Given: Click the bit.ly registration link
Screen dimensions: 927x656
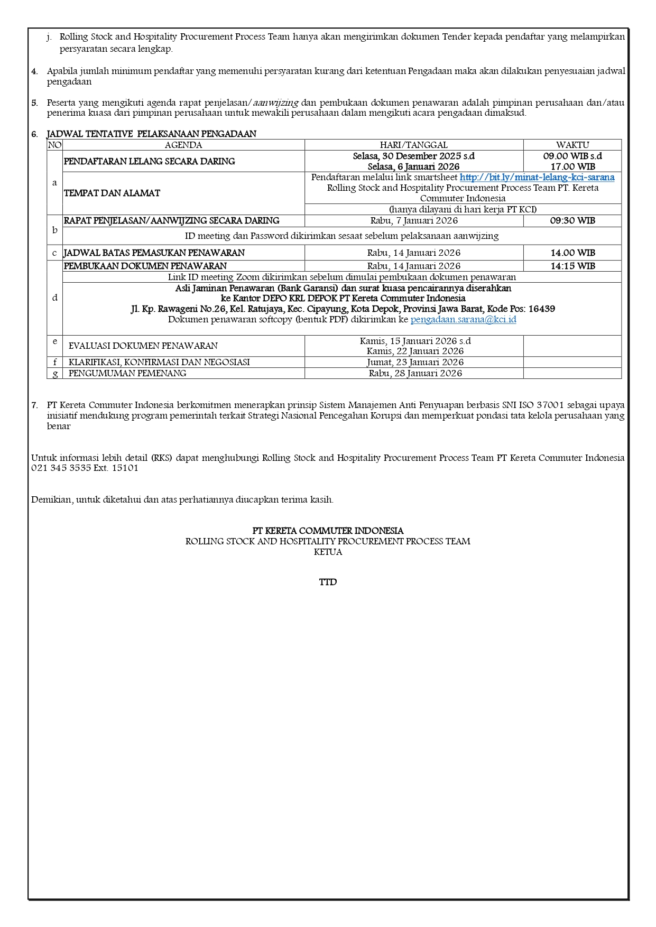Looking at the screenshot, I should [537, 178].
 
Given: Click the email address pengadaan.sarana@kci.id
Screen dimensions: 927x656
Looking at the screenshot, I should [463, 320].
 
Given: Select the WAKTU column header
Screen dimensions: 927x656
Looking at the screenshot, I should [572, 145].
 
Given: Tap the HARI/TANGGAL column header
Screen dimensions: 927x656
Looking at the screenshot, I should [413, 145].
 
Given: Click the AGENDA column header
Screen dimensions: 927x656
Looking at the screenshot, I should [183, 145].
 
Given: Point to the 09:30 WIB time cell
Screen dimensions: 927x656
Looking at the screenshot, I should [572, 221].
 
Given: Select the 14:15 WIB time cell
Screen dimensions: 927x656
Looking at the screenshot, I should [572, 266].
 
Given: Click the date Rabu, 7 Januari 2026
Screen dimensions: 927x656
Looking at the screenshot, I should [414, 221].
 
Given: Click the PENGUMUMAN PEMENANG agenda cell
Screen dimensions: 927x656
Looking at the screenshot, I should [127, 374].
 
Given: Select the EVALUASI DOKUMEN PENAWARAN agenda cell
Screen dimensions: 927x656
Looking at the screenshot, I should [143, 346].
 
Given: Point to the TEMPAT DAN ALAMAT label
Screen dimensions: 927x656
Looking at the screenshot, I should [112, 193].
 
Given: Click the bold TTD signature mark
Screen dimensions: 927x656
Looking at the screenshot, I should [328, 582].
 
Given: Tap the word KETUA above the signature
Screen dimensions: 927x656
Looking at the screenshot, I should [328, 552].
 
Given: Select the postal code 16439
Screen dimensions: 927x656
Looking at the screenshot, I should [541, 309].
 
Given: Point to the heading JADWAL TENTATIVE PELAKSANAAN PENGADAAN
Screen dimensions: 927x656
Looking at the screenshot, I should [151, 134].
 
